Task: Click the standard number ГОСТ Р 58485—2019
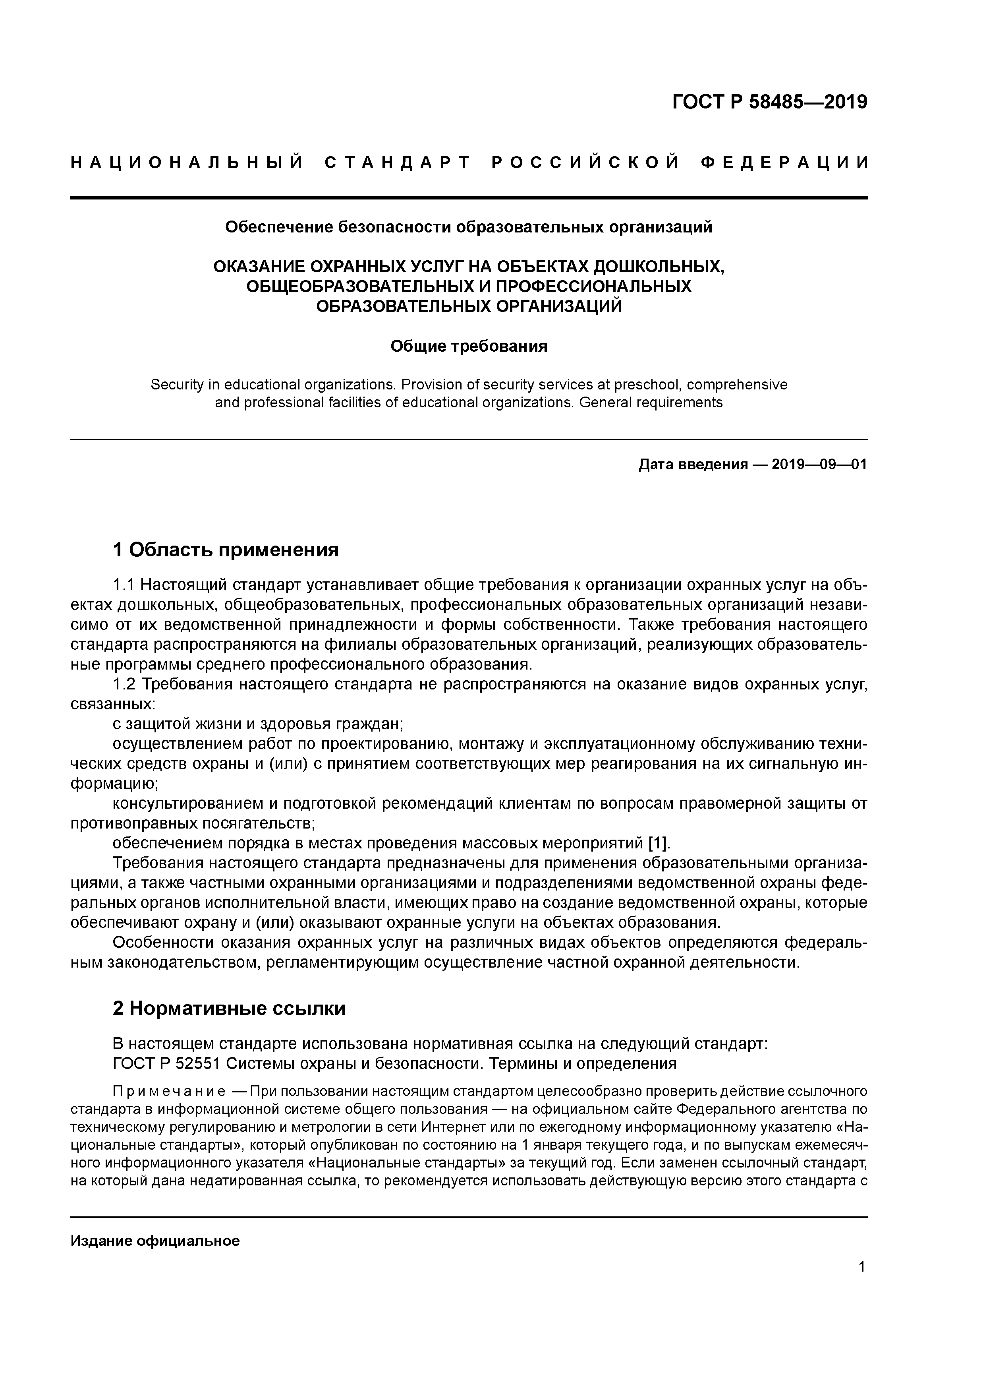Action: coord(770,102)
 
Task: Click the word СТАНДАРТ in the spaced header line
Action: coord(398,163)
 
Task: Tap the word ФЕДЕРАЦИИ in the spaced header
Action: coord(784,163)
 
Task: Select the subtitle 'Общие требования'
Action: coord(469,346)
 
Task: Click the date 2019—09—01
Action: coord(819,465)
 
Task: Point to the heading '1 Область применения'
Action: coord(226,550)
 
